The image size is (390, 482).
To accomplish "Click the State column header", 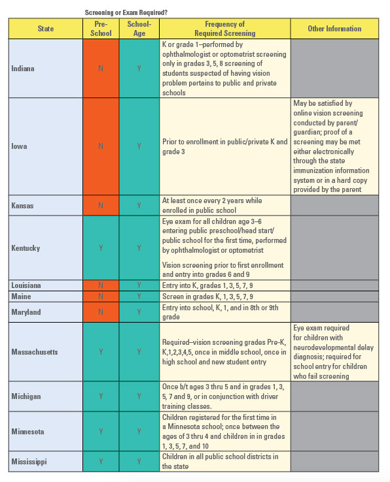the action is tap(46, 29).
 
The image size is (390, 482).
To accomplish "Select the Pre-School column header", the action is tap(100, 29).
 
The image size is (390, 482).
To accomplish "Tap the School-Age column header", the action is tap(139, 29).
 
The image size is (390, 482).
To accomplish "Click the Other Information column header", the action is tap(334, 29).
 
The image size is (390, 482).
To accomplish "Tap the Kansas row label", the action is tap(23, 205).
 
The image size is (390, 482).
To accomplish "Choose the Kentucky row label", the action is tap(26, 248).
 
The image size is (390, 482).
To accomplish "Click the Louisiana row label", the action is tap(27, 285).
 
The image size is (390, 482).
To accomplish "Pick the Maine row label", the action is tap(21, 297).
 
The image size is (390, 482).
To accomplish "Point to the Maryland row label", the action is tap(26, 312).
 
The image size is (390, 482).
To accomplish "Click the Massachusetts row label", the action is tap(34, 352).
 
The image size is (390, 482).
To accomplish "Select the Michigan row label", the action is tap(26, 396).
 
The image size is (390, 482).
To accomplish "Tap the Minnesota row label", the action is tap(27, 431).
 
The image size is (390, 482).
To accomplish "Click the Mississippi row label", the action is tap(29, 462).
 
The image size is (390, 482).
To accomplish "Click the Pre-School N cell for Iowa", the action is tap(100, 146).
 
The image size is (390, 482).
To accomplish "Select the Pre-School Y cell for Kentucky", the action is tap(100, 248).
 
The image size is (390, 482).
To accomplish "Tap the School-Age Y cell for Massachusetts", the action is tap(139, 352).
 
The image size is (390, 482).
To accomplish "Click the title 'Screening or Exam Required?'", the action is tap(125, 12).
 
